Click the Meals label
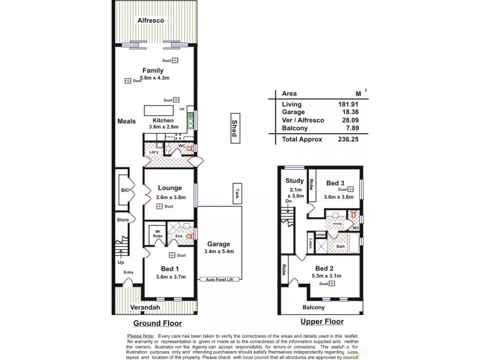click(127, 121)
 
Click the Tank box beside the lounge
click(238, 193)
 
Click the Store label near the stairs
click(122, 220)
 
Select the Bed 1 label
click(169, 268)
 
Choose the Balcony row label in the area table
click(294, 128)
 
